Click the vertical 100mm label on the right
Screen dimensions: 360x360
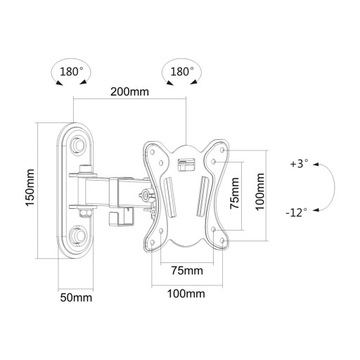[260, 188]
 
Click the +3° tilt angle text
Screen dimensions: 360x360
[299, 163]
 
